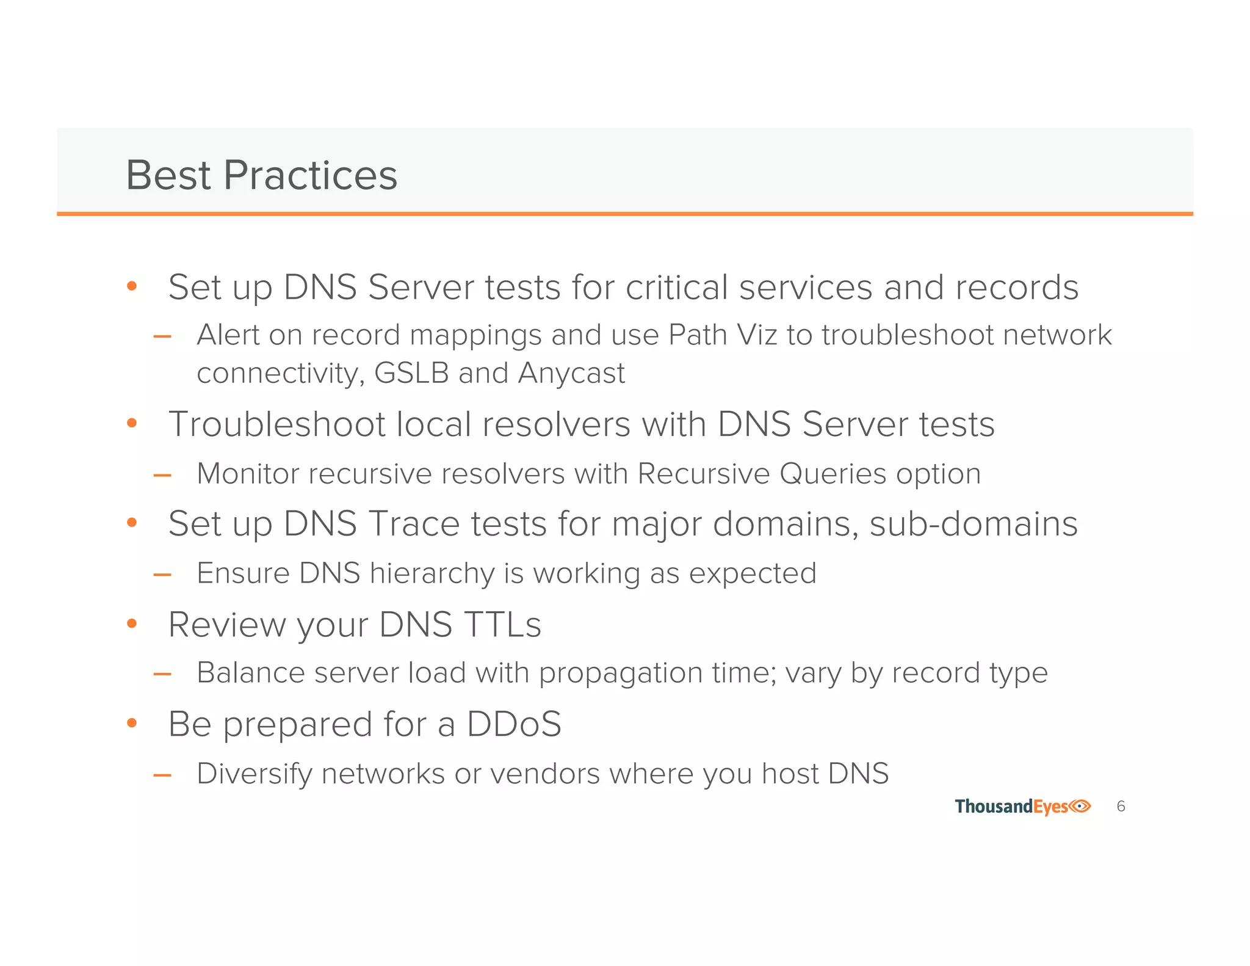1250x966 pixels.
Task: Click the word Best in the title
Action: point(168,175)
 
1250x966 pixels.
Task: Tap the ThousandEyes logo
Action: point(1022,807)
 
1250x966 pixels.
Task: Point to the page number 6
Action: point(1121,807)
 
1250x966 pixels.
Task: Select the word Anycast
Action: point(571,373)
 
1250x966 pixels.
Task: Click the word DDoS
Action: point(514,724)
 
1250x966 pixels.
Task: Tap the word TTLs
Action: point(502,625)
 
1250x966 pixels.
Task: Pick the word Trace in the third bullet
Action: point(413,524)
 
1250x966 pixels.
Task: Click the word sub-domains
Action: point(974,524)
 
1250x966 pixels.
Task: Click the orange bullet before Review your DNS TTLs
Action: point(132,623)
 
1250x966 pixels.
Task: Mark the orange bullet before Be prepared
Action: point(132,724)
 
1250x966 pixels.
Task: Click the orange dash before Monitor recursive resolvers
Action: point(162,475)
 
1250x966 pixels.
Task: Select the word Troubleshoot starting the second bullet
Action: point(276,424)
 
